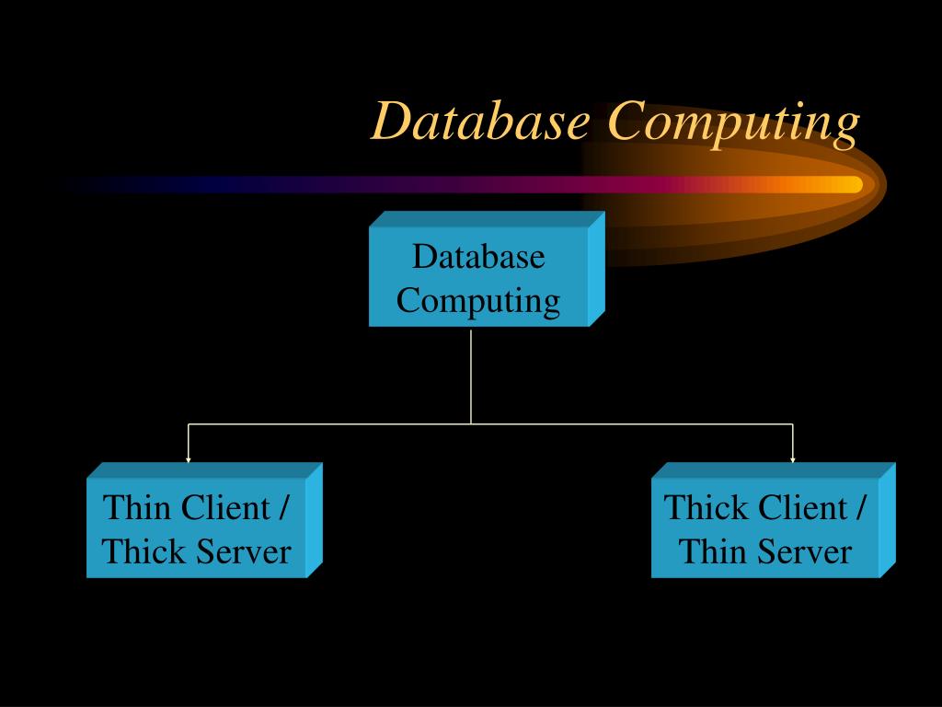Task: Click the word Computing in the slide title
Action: click(733, 122)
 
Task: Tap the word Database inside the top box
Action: click(478, 256)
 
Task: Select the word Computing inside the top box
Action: click(478, 301)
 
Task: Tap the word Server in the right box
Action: click(806, 552)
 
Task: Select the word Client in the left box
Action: click(225, 507)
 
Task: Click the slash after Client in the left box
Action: click(284, 507)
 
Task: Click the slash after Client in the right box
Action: click(860, 507)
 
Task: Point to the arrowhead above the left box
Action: click(189, 458)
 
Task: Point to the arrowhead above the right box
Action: click(793, 458)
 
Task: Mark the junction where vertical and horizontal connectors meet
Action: click(471, 423)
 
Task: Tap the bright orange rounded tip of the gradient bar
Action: click(854, 184)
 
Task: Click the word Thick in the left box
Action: click(139, 552)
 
